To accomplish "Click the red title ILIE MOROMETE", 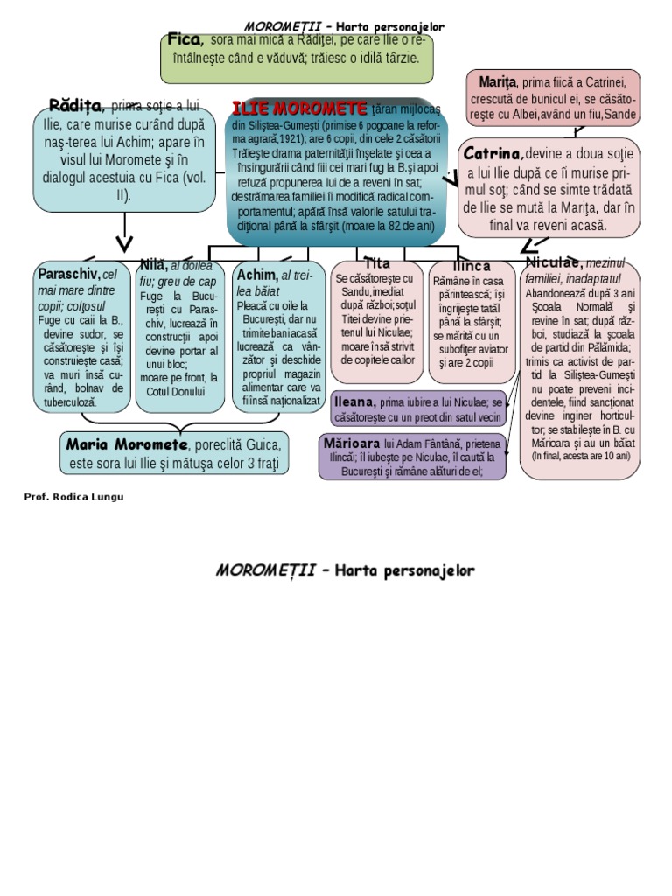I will click(299, 109).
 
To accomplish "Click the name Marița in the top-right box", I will click(498, 81).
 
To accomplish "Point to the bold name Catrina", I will click(493, 153).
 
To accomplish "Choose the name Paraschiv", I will click(69, 274).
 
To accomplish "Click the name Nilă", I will click(153, 265).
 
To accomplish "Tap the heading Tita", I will click(377, 262).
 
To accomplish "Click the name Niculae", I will click(554, 262).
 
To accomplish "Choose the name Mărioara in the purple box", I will click(353, 443).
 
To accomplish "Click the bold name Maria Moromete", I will click(126, 444).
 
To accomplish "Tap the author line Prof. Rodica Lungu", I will click(73, 497).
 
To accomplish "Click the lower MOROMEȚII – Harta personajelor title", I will click(345, 570).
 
